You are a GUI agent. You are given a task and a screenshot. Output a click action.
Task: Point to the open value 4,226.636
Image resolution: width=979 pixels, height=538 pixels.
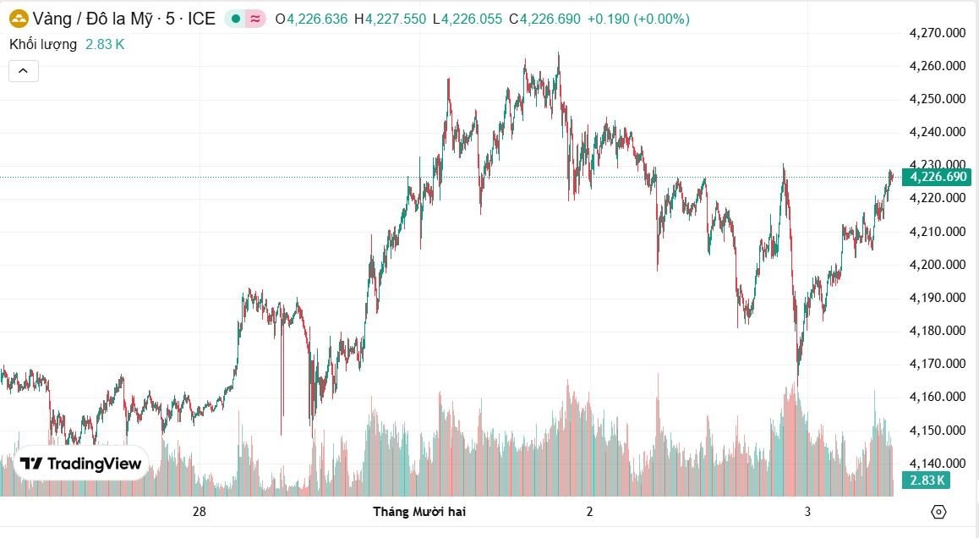point(317,18)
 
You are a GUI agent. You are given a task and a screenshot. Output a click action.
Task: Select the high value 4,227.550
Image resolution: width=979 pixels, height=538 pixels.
point(396,18)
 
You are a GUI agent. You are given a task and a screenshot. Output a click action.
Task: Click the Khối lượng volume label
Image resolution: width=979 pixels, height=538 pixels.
point(43,44)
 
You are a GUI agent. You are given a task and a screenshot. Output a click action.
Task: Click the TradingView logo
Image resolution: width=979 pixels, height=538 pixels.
point(81,463)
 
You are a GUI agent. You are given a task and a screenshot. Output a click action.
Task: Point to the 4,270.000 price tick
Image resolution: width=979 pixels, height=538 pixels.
point(937,33)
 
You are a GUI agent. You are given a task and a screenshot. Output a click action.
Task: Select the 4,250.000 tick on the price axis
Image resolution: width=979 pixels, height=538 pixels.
point(937,99)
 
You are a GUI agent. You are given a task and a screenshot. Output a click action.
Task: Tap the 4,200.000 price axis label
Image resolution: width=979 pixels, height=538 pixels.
point(937,265)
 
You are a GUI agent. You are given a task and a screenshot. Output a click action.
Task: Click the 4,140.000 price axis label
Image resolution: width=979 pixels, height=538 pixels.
point(937,464)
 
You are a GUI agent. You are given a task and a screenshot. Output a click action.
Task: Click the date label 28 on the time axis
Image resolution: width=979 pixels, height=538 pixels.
point(200,512)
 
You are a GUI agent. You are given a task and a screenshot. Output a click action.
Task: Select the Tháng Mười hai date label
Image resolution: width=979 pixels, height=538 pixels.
point(419,512)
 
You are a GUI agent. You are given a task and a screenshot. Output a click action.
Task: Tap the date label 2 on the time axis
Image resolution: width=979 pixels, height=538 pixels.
point(589,512)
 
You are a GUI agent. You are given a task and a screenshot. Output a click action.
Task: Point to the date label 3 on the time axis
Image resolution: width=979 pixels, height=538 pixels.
point(807,512)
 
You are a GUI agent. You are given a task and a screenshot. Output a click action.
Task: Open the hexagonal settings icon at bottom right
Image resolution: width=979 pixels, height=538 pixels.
point(938,512)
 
